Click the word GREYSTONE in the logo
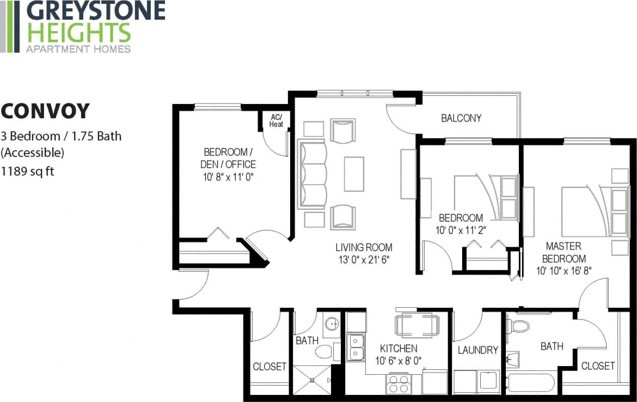click(x=95, y=11)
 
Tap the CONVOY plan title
click(x=45, y=111)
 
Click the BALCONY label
click(x=461, y=118)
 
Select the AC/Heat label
click(x=276, y=121)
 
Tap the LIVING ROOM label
click(x=364, y=247)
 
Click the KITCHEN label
click(x=399, y=349)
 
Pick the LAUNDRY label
click(x=477, y=350)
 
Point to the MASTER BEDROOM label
click(x=563, y=252)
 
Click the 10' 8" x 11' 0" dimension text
click(x=230, y=176)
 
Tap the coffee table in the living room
click(x=354, y=173)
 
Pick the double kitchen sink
click(x=356, y=348)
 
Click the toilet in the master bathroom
click(x=517, y=326)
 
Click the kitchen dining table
click(x=414, y=325)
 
